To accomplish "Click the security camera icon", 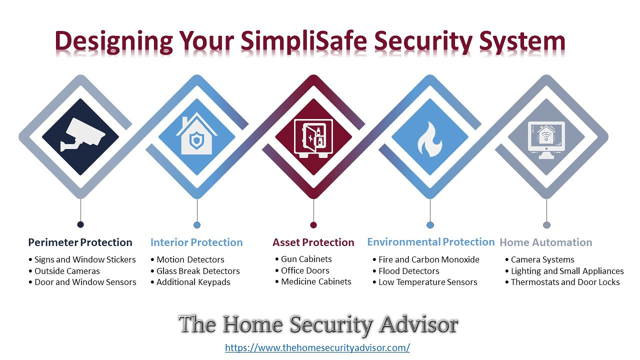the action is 82,134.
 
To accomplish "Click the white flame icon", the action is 430,139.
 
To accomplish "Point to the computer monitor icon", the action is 546,140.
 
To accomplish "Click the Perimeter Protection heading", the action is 80,242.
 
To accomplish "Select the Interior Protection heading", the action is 196,242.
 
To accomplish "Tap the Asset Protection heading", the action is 313,242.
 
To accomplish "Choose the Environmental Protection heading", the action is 431,242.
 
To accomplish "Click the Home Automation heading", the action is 545,242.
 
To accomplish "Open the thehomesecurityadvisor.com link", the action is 317,347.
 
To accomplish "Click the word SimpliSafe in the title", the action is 303,40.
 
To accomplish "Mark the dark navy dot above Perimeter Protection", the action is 80,224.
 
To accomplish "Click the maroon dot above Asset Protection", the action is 313,225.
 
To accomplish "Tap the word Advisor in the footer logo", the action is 418,324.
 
